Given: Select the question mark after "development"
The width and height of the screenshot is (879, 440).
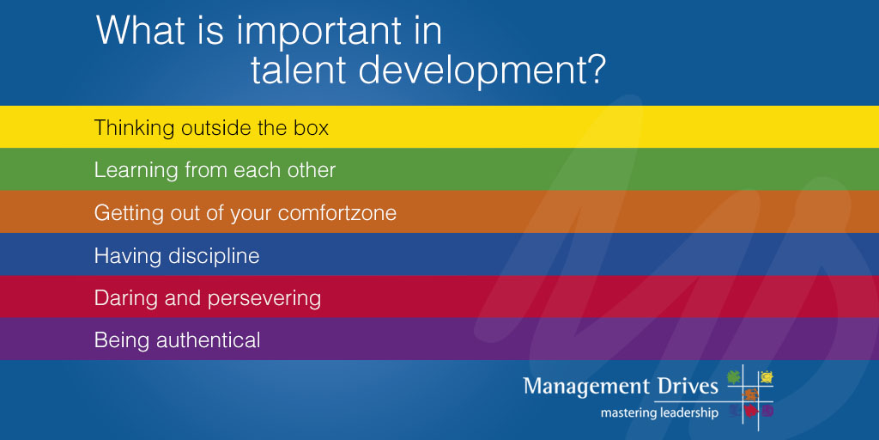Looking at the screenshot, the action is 593,69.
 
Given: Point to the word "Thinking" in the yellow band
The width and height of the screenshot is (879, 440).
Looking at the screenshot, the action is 134,129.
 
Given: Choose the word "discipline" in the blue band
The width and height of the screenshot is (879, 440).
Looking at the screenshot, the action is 214,256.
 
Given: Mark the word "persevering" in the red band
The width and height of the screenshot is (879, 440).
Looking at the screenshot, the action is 264,298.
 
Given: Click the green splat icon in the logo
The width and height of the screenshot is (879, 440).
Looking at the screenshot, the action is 734,377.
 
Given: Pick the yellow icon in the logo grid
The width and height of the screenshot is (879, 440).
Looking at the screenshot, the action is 767,377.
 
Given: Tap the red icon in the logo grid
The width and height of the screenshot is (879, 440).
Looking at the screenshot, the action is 750,412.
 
